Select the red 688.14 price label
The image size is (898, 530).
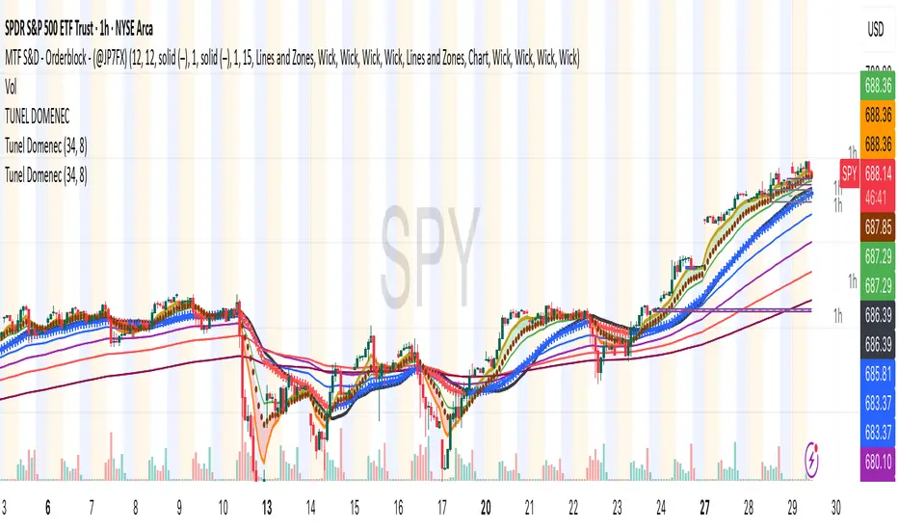pos(876,174)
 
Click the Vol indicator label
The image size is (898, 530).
pos(13,86)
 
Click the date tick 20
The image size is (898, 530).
pos(487,507)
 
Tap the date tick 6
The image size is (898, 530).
pos(47,507)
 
